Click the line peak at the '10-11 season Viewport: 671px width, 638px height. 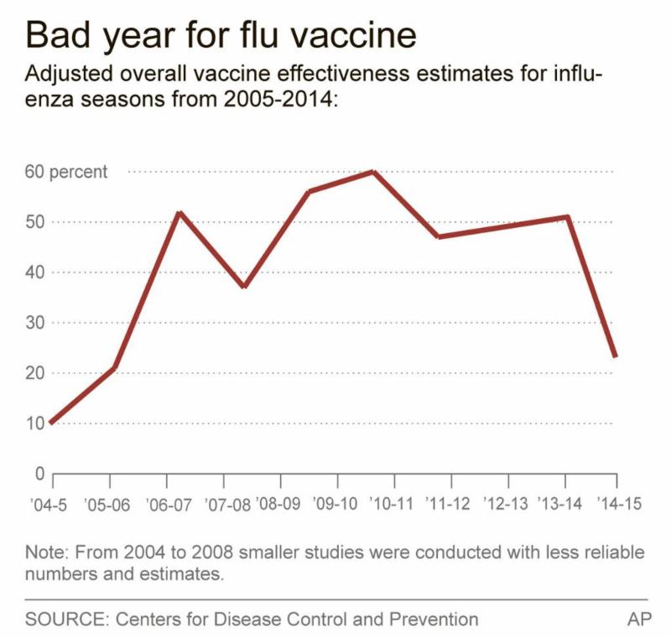(x=372, y=172)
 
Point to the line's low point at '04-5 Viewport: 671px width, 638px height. (x=52, y=423)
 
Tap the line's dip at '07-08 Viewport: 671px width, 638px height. (x=243, y=287)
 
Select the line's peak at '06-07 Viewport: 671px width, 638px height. (x=179, y=213)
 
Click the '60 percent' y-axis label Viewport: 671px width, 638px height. (x=66, y=173)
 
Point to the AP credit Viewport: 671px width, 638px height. (x=638, y=620)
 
